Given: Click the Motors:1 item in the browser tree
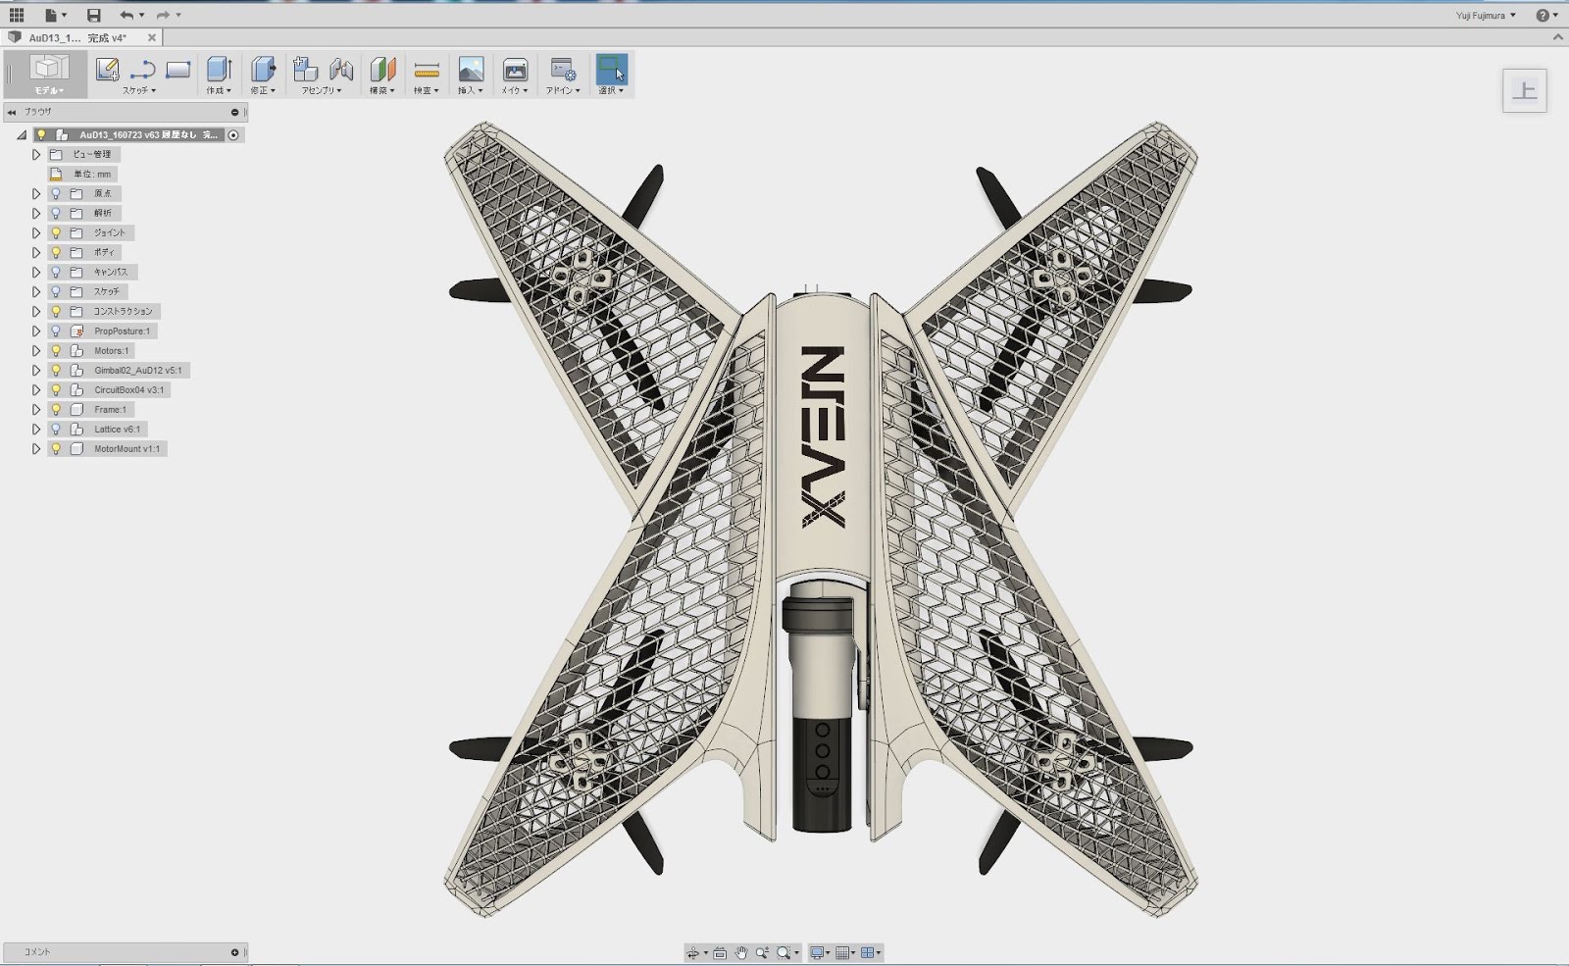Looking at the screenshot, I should (x=111, y=350).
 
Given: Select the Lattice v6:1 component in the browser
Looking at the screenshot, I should (x=117, y=429).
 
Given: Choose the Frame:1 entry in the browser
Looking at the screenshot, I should (x=110, y=409).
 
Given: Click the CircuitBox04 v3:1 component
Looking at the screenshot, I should (x=129, y=389).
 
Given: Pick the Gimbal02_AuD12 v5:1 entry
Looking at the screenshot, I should (x=138, y=370).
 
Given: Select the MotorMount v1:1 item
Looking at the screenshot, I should (x=127, y=448).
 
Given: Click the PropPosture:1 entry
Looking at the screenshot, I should (x=122, y=330).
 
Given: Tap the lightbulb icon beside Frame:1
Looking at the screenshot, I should (x=56, y=409).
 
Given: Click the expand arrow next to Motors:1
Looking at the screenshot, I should (x=36, y=350).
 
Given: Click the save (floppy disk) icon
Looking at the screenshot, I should (x=93, y=15).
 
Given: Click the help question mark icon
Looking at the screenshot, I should (x=1543, y=15).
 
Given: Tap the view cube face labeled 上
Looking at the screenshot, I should (x=1524, y=91).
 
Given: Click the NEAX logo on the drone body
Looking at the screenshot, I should (x=822, y=436).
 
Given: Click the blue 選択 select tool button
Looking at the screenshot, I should (x=611, y=74).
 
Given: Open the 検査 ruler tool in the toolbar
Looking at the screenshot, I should (x=426, y=74).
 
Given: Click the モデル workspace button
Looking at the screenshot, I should (x=48, y=74).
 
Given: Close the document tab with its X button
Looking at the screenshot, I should (x=152, y=37).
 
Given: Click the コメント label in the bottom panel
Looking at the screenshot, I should (x=37, y=951).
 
